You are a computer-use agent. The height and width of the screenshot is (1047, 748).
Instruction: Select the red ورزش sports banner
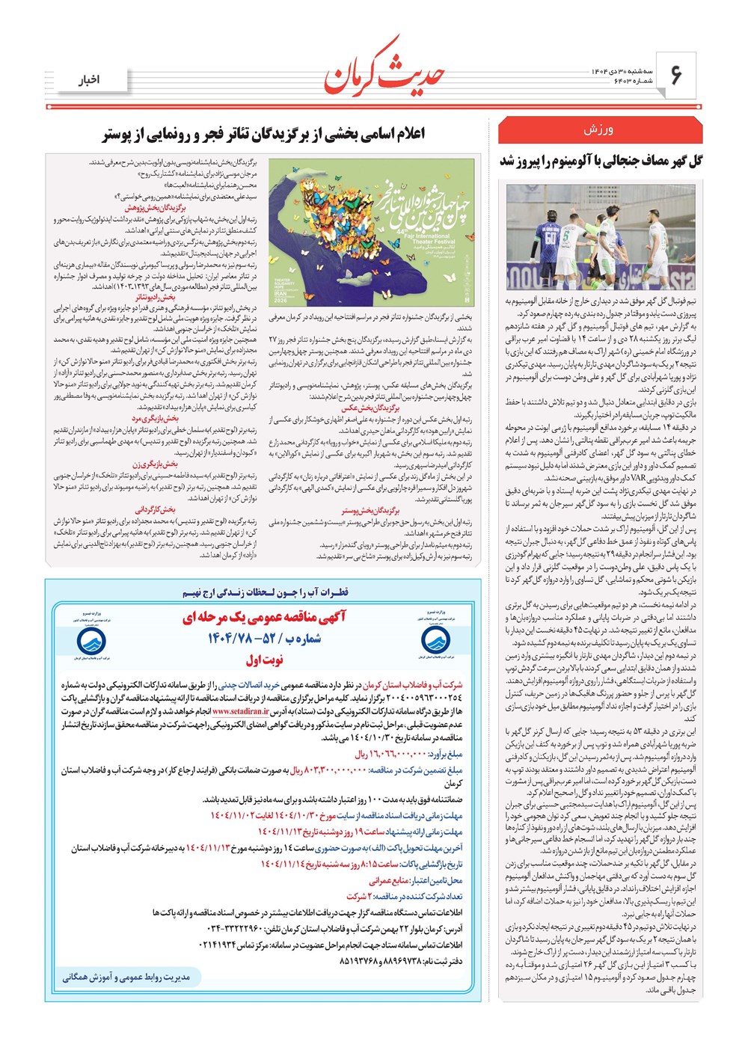pyautogui.click(x=599, y=130)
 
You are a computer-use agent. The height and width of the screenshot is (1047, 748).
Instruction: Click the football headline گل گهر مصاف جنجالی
pyautogui.click(x=601, y=161)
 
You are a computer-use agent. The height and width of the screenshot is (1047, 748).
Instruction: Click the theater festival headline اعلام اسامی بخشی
pyautogui.click(x=263, y=135)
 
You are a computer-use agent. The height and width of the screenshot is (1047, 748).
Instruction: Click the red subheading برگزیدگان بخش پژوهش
pyautogui.click(x=155, y=207)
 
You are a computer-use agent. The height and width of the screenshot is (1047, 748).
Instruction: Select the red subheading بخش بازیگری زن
pyautogui.click(x=155, y=464)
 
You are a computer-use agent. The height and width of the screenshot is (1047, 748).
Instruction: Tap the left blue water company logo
pyautogui.click(x=82, y=640)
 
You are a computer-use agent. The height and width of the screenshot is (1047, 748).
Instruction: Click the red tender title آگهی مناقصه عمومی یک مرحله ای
pyautogui.click(x=264, y=618)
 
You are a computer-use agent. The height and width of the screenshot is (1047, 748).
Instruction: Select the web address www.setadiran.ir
pyautogui.click(x=240, y=711)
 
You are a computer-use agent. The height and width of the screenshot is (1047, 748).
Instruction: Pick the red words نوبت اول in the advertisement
pyautogui.click(x=264, y=660)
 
